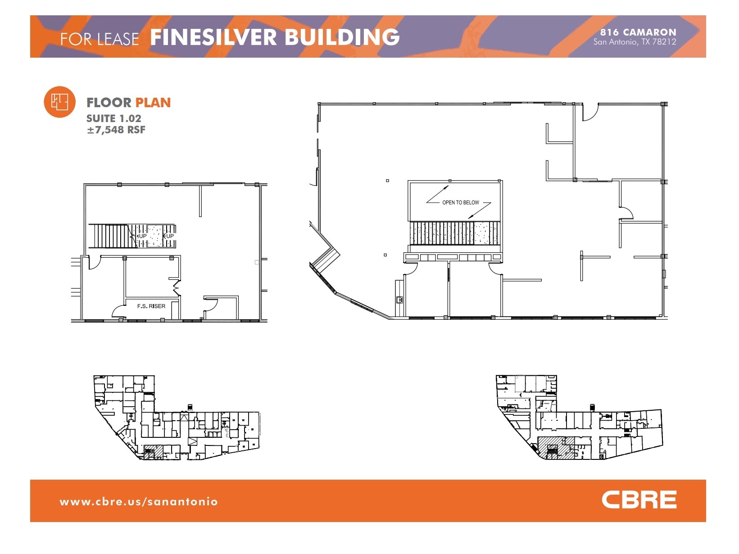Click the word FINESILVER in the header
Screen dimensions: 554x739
coord(213,37)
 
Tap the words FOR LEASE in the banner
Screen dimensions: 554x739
coord(100,39)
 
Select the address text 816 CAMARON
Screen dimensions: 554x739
coord(638,32)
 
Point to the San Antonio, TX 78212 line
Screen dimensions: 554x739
coord(635,42)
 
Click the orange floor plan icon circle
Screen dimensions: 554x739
coord(59,102)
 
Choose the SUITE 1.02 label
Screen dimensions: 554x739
coord(113,118)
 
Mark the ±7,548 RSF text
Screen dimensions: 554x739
coord(116,130)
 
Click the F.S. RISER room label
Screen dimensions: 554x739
coord(151,306)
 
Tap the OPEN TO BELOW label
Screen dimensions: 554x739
coord(460,203)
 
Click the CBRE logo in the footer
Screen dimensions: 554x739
coord(639,500)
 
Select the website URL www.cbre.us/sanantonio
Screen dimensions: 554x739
coord(139,501)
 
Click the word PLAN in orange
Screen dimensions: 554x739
coord(153,103)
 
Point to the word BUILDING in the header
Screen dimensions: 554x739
coord(342,37)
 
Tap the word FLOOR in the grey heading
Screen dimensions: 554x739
coord(109,103)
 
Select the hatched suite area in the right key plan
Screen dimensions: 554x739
coord(556,448)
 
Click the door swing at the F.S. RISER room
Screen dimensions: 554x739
coord(118,311)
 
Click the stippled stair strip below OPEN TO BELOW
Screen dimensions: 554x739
coord(455,233)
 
